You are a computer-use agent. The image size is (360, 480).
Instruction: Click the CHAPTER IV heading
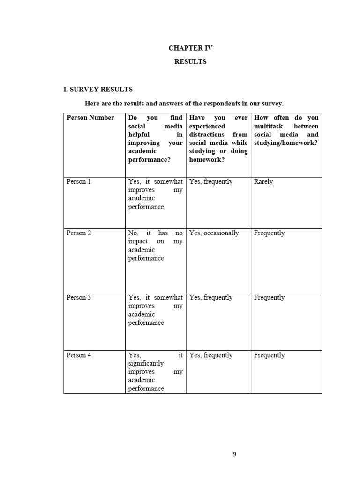coord(190,48)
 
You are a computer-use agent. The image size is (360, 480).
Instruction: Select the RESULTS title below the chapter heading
coord(190,62)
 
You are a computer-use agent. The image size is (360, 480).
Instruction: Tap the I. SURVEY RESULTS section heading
coord(98,89)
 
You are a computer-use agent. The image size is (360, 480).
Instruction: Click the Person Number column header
coord(90,118)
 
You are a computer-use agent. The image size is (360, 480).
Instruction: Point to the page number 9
coord(235,454)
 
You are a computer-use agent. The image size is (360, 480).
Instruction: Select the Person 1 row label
coord(79,182)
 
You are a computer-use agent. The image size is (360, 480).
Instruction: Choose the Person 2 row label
coord(79,233)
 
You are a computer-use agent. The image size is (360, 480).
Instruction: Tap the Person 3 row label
coord(79,298)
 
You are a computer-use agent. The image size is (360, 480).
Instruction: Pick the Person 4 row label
coord(79,355)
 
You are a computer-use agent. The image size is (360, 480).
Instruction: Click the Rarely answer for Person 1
coord(263,182)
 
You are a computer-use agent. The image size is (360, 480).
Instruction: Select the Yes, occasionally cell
coord(214,233)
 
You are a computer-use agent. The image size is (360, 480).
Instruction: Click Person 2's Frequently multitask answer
coord(269,233)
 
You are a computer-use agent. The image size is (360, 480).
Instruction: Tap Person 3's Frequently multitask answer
coord(269,298)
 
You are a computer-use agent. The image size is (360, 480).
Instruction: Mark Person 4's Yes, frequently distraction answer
coord(211,355)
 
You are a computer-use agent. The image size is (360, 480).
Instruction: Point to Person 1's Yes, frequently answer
coord(211,182)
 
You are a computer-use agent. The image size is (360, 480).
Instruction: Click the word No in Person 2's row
coord(133,233)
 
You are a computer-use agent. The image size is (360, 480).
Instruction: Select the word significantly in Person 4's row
coord(146,364)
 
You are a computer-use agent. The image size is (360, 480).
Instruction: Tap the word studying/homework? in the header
coord(285,143)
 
